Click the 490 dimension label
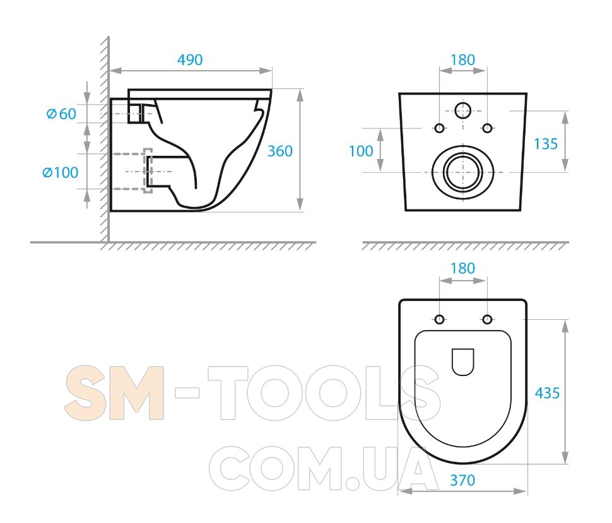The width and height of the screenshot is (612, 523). point(190,60)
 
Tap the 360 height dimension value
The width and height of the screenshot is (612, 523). point(280,151)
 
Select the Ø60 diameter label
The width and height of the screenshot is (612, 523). point(61,114)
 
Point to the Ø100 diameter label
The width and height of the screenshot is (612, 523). point(60,172)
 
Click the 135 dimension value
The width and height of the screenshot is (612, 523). point(546,144)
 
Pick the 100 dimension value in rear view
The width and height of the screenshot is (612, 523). point(361,151)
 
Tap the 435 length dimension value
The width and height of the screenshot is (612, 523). point(547,393)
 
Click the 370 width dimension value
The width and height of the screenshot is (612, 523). point(462,480)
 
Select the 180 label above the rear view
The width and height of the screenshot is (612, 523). point(463,60)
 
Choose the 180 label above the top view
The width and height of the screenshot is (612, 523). point(463,268)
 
